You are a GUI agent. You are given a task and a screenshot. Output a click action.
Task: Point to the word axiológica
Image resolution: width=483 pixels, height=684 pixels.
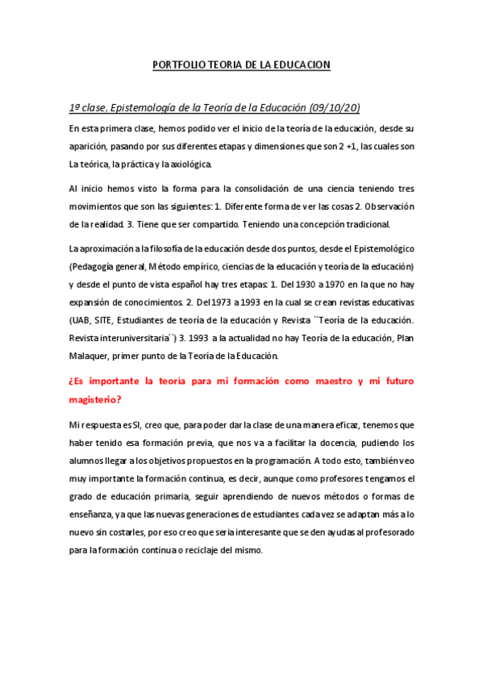189,165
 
